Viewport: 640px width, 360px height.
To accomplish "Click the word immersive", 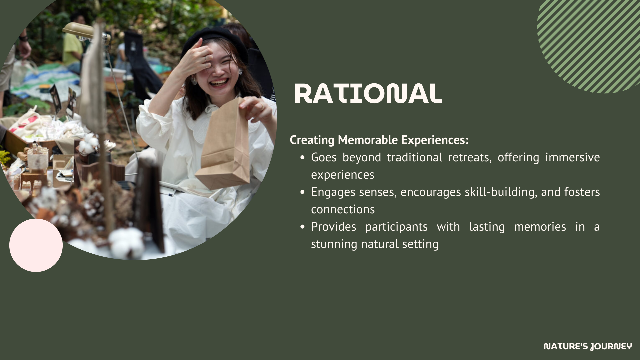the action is point(573,157).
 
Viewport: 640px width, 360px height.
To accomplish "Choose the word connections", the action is point(343,209).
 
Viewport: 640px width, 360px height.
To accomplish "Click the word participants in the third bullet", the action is point(396,227).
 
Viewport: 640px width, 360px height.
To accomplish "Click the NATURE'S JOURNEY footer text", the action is point(588,347).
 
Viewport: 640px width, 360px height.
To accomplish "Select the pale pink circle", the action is point(36,245).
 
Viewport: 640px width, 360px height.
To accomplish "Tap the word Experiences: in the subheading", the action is point(435,140).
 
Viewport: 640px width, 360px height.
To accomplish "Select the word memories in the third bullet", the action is point(540,227).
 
